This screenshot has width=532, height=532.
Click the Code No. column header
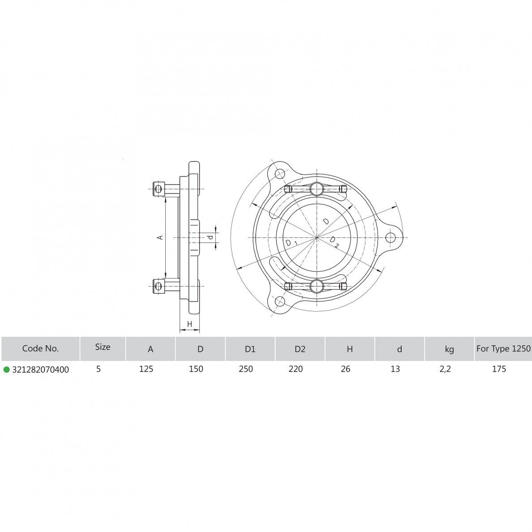point(40,348)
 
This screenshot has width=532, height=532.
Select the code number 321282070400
point(40,369)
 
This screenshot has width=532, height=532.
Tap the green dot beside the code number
point(6,369)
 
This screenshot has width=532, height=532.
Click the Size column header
point(103,347)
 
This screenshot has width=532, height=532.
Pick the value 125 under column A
point(146,369)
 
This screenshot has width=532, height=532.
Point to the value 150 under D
point(196,369)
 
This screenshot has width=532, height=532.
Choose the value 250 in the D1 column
point(246,369)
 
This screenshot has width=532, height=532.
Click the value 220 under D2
point(296,369)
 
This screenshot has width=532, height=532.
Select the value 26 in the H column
point(345,369)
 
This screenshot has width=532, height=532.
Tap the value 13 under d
point(395,369)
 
